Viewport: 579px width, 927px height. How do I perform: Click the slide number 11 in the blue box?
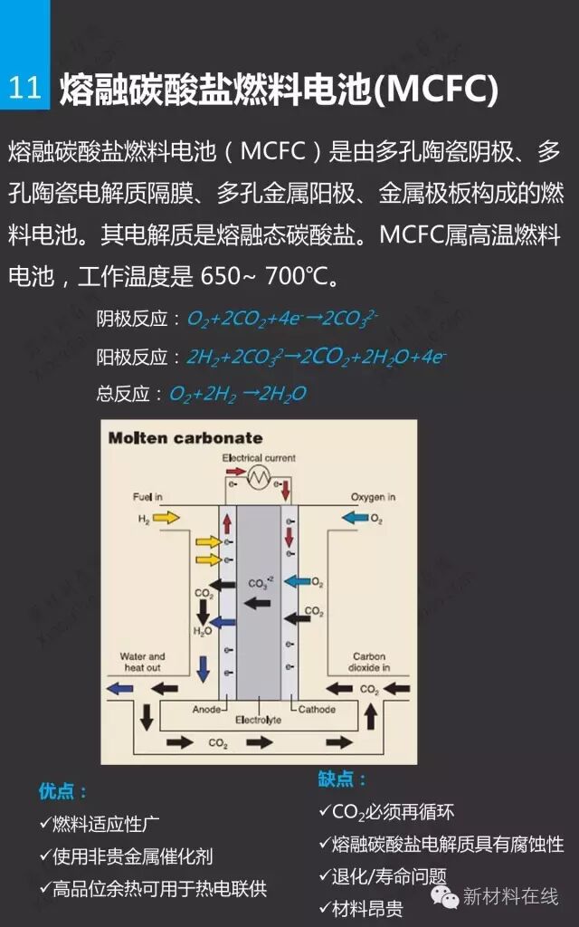[x=24, y=88]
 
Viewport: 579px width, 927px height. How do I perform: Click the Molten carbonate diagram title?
[x=185, y=438]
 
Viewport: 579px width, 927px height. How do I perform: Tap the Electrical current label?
[x=259, y=458]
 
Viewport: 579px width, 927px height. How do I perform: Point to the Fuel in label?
[x=147, y=497]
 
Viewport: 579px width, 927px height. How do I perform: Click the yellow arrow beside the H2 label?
[x=166, y=517]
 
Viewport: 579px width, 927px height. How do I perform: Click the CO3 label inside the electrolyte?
[x=258, y=584]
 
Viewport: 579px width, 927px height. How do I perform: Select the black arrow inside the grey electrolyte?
[x=257, y=602]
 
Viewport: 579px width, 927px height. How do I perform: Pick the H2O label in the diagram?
[x=203, y=630]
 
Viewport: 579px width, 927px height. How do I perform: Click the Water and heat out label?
[x=143, y=662]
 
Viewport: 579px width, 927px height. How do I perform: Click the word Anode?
[x=207, y=710]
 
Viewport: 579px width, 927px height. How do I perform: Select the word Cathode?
[x=317, y=710]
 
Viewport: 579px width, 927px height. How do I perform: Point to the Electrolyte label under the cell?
[x=258, y=721]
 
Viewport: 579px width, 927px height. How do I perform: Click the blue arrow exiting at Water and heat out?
[x=119, y=689]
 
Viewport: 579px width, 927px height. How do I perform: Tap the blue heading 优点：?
[x=63, y=791]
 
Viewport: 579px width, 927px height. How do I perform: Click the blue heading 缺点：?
[x=343, y=779]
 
